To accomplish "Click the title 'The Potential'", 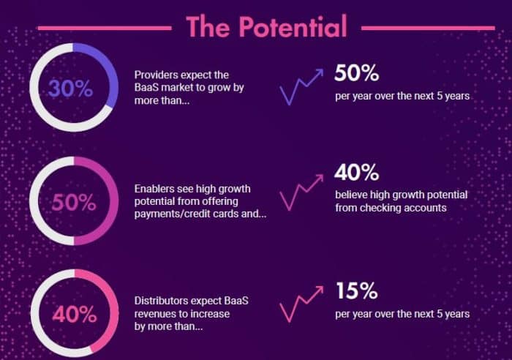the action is coord(266,26).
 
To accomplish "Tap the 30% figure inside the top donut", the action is coord(70,89).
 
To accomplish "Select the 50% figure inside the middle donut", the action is coord(74,202).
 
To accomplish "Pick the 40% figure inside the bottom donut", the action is coord(75,314).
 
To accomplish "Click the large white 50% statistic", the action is coord(357,72).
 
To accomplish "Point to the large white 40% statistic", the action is coord(357,172).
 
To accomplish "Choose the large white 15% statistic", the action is coord(357,290).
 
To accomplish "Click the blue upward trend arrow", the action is coord(301,86).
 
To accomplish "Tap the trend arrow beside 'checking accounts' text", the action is coord(301,192).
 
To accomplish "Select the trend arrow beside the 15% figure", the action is coord(301,304).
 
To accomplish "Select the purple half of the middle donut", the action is coord(114,201).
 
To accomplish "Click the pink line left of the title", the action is coord(105,29).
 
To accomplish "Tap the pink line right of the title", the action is coord(428,29).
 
